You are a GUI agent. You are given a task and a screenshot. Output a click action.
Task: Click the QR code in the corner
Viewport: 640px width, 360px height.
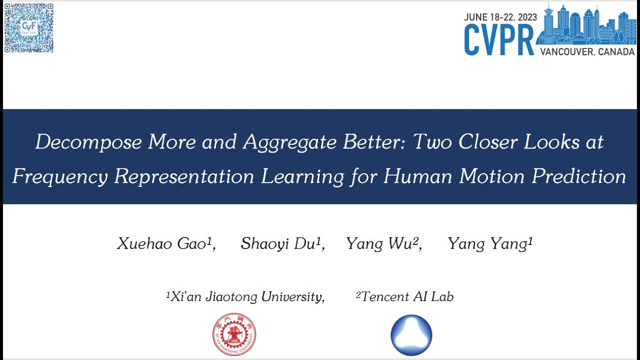[x=28, y=28]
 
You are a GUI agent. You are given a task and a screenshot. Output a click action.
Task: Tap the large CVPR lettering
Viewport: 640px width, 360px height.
[x=499, y=40]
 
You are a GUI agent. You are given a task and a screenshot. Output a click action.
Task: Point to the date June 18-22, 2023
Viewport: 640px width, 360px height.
[x=500, y=17]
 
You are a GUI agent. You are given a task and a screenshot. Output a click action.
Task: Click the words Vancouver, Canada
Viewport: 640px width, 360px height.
[x=587, y=52]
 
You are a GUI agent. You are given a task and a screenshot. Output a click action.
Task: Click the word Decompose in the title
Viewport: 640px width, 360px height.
[x=88, y=142]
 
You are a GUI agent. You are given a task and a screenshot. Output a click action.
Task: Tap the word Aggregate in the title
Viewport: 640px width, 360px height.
[x=290, y=142]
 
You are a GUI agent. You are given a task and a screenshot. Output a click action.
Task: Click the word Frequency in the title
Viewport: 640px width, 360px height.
[x=60, y=176]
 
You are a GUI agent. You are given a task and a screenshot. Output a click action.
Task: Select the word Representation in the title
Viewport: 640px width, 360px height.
[x=184, y=176]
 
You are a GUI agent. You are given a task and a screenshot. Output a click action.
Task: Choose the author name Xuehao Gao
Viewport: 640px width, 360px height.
[x=165, y=244]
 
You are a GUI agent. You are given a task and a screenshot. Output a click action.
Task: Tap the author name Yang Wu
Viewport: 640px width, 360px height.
[x=383, y=244]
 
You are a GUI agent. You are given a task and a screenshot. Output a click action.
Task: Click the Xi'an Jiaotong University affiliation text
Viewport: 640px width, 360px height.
[x=245, y=296]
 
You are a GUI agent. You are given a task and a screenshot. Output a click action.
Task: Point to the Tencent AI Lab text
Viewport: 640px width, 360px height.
[x=405, y=296]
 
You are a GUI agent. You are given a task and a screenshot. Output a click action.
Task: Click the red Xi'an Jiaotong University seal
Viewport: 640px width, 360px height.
[x=234, y=334]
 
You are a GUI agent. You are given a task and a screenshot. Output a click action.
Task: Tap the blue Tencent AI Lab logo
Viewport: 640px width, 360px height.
[x=411, y=334]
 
